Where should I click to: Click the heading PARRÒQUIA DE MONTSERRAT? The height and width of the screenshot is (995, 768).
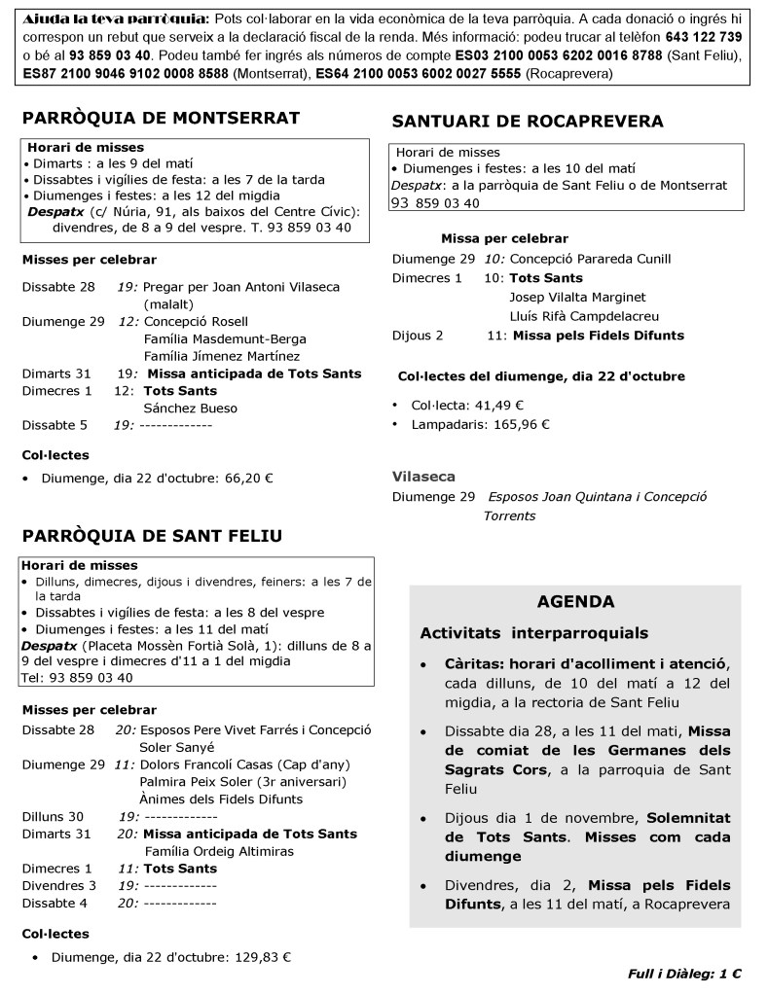161,118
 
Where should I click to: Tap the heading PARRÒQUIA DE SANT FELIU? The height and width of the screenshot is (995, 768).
152,536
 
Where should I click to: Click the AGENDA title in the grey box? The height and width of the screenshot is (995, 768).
575,601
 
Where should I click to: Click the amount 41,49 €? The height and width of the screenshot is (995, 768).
494,405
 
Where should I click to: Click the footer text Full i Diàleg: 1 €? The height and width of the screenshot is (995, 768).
684,973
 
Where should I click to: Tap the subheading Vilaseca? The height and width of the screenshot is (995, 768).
423,477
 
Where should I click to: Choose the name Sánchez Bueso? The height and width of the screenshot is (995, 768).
190,408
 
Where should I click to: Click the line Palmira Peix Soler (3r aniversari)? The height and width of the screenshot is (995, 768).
244,781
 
